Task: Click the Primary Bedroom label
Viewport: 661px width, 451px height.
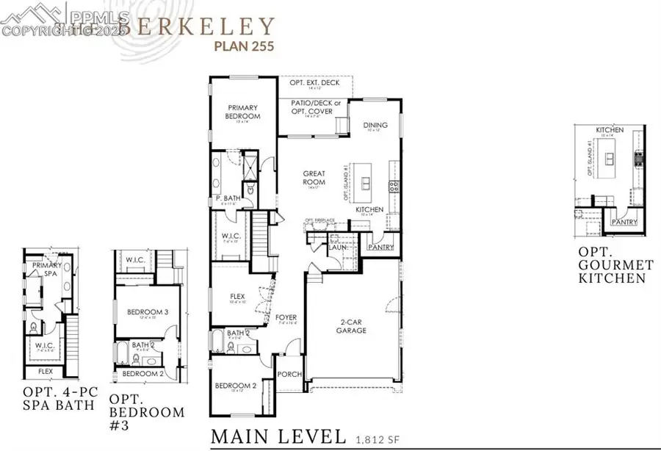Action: click(243, 112)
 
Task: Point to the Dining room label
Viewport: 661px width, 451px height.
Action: click(375, 125)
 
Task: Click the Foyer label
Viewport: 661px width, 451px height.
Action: click(286, 318)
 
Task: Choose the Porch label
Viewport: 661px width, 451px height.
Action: click(289, 374)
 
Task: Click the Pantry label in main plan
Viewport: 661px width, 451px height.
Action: click(382, 248)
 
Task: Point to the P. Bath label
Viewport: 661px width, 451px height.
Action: click(225, 199)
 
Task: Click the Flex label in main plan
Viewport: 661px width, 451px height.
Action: click(236, 297)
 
